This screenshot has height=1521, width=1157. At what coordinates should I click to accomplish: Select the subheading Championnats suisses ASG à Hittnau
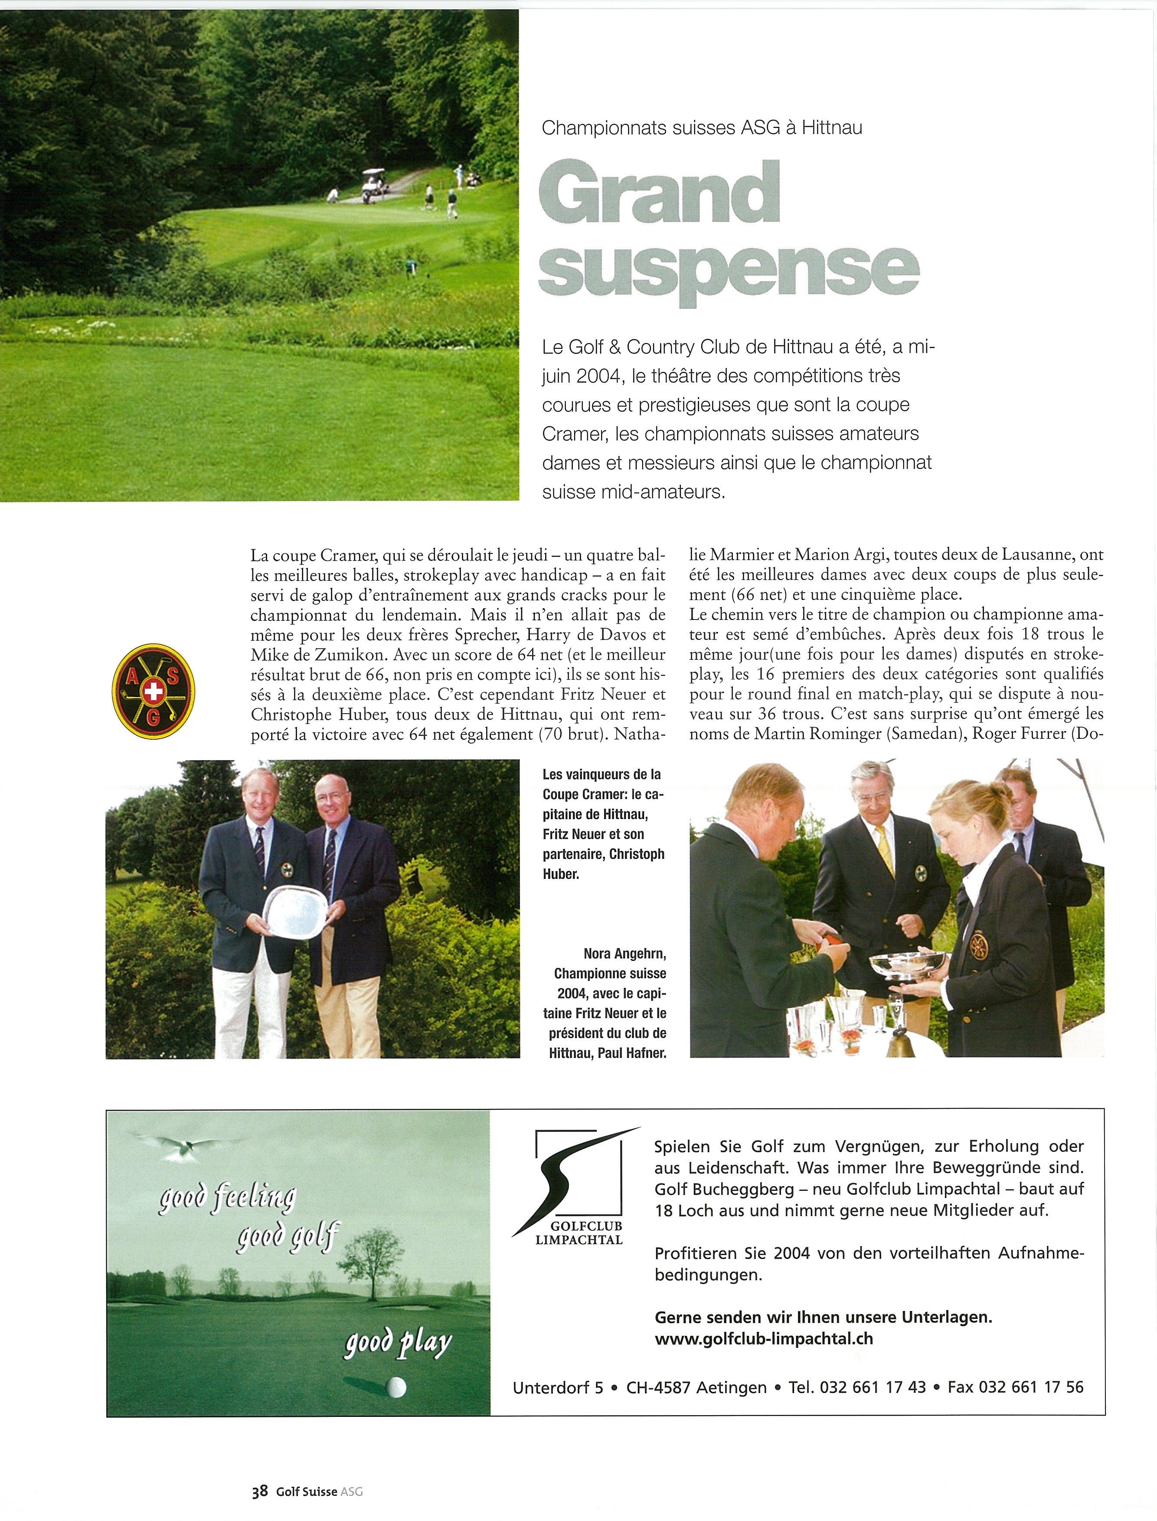click(x=702, y=128)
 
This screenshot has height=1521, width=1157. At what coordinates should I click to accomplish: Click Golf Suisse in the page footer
click(x=307, y=1488)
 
